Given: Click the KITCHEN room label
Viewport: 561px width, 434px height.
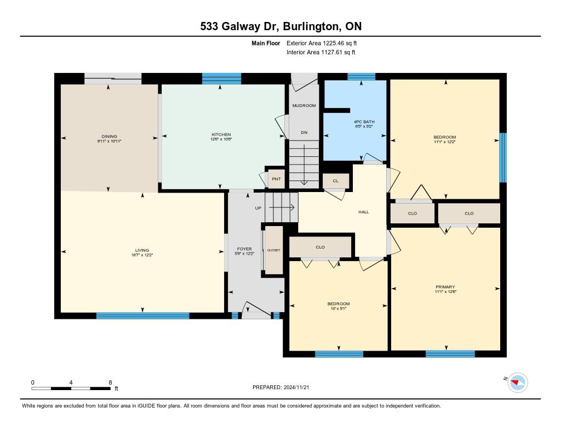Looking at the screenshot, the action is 221,134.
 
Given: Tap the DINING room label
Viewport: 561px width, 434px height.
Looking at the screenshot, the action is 109,136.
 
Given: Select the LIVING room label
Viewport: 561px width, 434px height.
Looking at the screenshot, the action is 142,250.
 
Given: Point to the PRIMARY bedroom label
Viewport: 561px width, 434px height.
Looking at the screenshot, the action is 445,287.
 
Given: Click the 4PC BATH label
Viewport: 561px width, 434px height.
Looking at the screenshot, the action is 364,122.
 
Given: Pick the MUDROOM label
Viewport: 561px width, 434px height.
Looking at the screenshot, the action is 304,105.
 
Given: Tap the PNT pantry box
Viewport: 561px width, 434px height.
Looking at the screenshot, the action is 276,179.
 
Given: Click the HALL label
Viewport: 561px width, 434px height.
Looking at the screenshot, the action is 364,212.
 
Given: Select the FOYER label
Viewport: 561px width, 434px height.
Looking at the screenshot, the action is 244,249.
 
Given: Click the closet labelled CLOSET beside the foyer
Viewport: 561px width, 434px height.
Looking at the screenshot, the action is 274,250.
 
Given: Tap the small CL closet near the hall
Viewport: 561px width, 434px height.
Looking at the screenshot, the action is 336,181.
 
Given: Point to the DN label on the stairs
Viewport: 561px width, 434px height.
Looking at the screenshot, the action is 304,132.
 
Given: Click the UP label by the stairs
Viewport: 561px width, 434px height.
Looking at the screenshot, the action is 258,208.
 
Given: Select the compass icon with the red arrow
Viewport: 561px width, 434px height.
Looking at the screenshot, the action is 517,383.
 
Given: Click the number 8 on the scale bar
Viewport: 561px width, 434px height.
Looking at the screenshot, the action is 110,382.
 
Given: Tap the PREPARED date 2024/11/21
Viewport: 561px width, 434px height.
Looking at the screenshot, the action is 296,387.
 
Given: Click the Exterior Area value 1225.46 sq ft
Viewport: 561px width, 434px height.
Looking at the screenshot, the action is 340,43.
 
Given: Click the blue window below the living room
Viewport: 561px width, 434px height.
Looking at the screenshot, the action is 143,315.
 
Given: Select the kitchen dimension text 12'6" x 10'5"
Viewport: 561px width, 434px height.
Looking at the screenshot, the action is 221,139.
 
